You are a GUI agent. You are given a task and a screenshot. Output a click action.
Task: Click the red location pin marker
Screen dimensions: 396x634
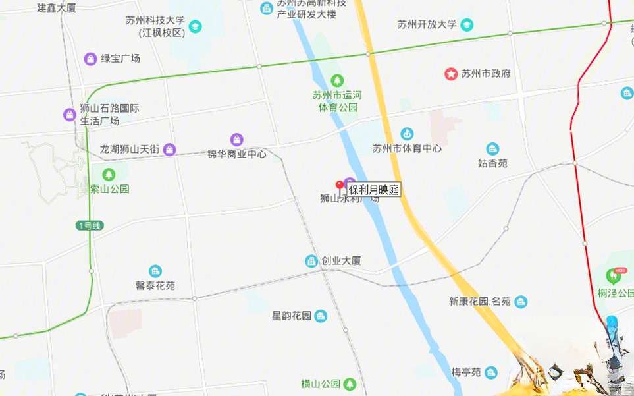point(340,186)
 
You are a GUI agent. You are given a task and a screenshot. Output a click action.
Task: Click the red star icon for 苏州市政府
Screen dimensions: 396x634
point(451,74)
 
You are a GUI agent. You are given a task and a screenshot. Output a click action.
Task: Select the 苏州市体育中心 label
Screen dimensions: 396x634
point(407,148)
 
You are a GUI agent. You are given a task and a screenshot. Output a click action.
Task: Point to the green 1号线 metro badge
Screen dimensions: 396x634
point(90,226)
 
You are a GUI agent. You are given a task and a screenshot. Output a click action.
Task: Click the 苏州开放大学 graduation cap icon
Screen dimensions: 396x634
point(467,25)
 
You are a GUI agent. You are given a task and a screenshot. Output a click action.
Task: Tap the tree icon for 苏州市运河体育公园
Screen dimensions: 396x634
point(337,80)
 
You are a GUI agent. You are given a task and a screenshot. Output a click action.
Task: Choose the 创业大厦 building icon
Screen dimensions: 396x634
point(311,261)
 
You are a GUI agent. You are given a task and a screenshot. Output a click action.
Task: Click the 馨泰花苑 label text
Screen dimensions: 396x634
point(155,286)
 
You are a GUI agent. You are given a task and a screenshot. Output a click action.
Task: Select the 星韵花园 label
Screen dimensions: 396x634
point(291,316)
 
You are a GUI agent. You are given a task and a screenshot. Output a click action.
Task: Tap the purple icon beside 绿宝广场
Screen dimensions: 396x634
point(90,59)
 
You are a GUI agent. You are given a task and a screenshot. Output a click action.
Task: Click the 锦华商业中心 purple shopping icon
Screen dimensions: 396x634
point(236,140)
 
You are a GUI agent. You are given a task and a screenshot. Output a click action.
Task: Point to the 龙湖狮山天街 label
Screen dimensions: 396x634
point(130,150)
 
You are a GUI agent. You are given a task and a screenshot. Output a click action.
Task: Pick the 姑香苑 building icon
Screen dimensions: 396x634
point(492,149)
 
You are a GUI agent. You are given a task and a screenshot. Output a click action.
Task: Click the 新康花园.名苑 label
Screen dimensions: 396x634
point(479,302)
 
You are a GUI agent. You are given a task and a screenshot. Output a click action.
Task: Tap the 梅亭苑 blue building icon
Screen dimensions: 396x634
point(490,373)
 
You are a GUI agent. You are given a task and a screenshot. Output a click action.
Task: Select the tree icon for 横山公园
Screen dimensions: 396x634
point(350,383)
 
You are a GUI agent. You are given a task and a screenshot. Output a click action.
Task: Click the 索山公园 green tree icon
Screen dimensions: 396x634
point(109,175)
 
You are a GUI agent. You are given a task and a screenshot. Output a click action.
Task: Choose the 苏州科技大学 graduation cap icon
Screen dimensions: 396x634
point(195,26)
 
